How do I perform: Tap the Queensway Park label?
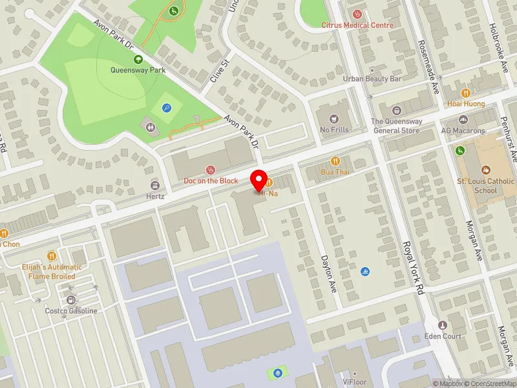click(x=138, y=70)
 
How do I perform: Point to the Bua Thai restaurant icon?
click(x=335, y=161)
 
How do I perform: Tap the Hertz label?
click(x=155, y=196)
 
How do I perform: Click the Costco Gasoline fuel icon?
click(x=70, y=299)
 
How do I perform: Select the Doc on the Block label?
click(x=211, y=180)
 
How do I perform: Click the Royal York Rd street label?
click(x=412, y=268)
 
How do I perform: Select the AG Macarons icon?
click(x=463, y=120)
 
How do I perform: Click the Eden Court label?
click(x=442, y=336)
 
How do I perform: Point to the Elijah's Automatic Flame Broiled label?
click(x=55, y=272)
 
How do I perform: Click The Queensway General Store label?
click(x=396, y=125)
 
